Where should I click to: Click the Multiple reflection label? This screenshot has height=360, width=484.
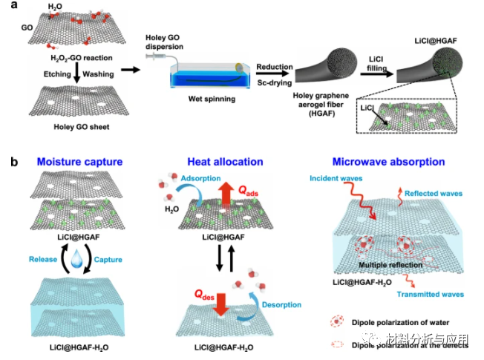click(385, 264)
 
